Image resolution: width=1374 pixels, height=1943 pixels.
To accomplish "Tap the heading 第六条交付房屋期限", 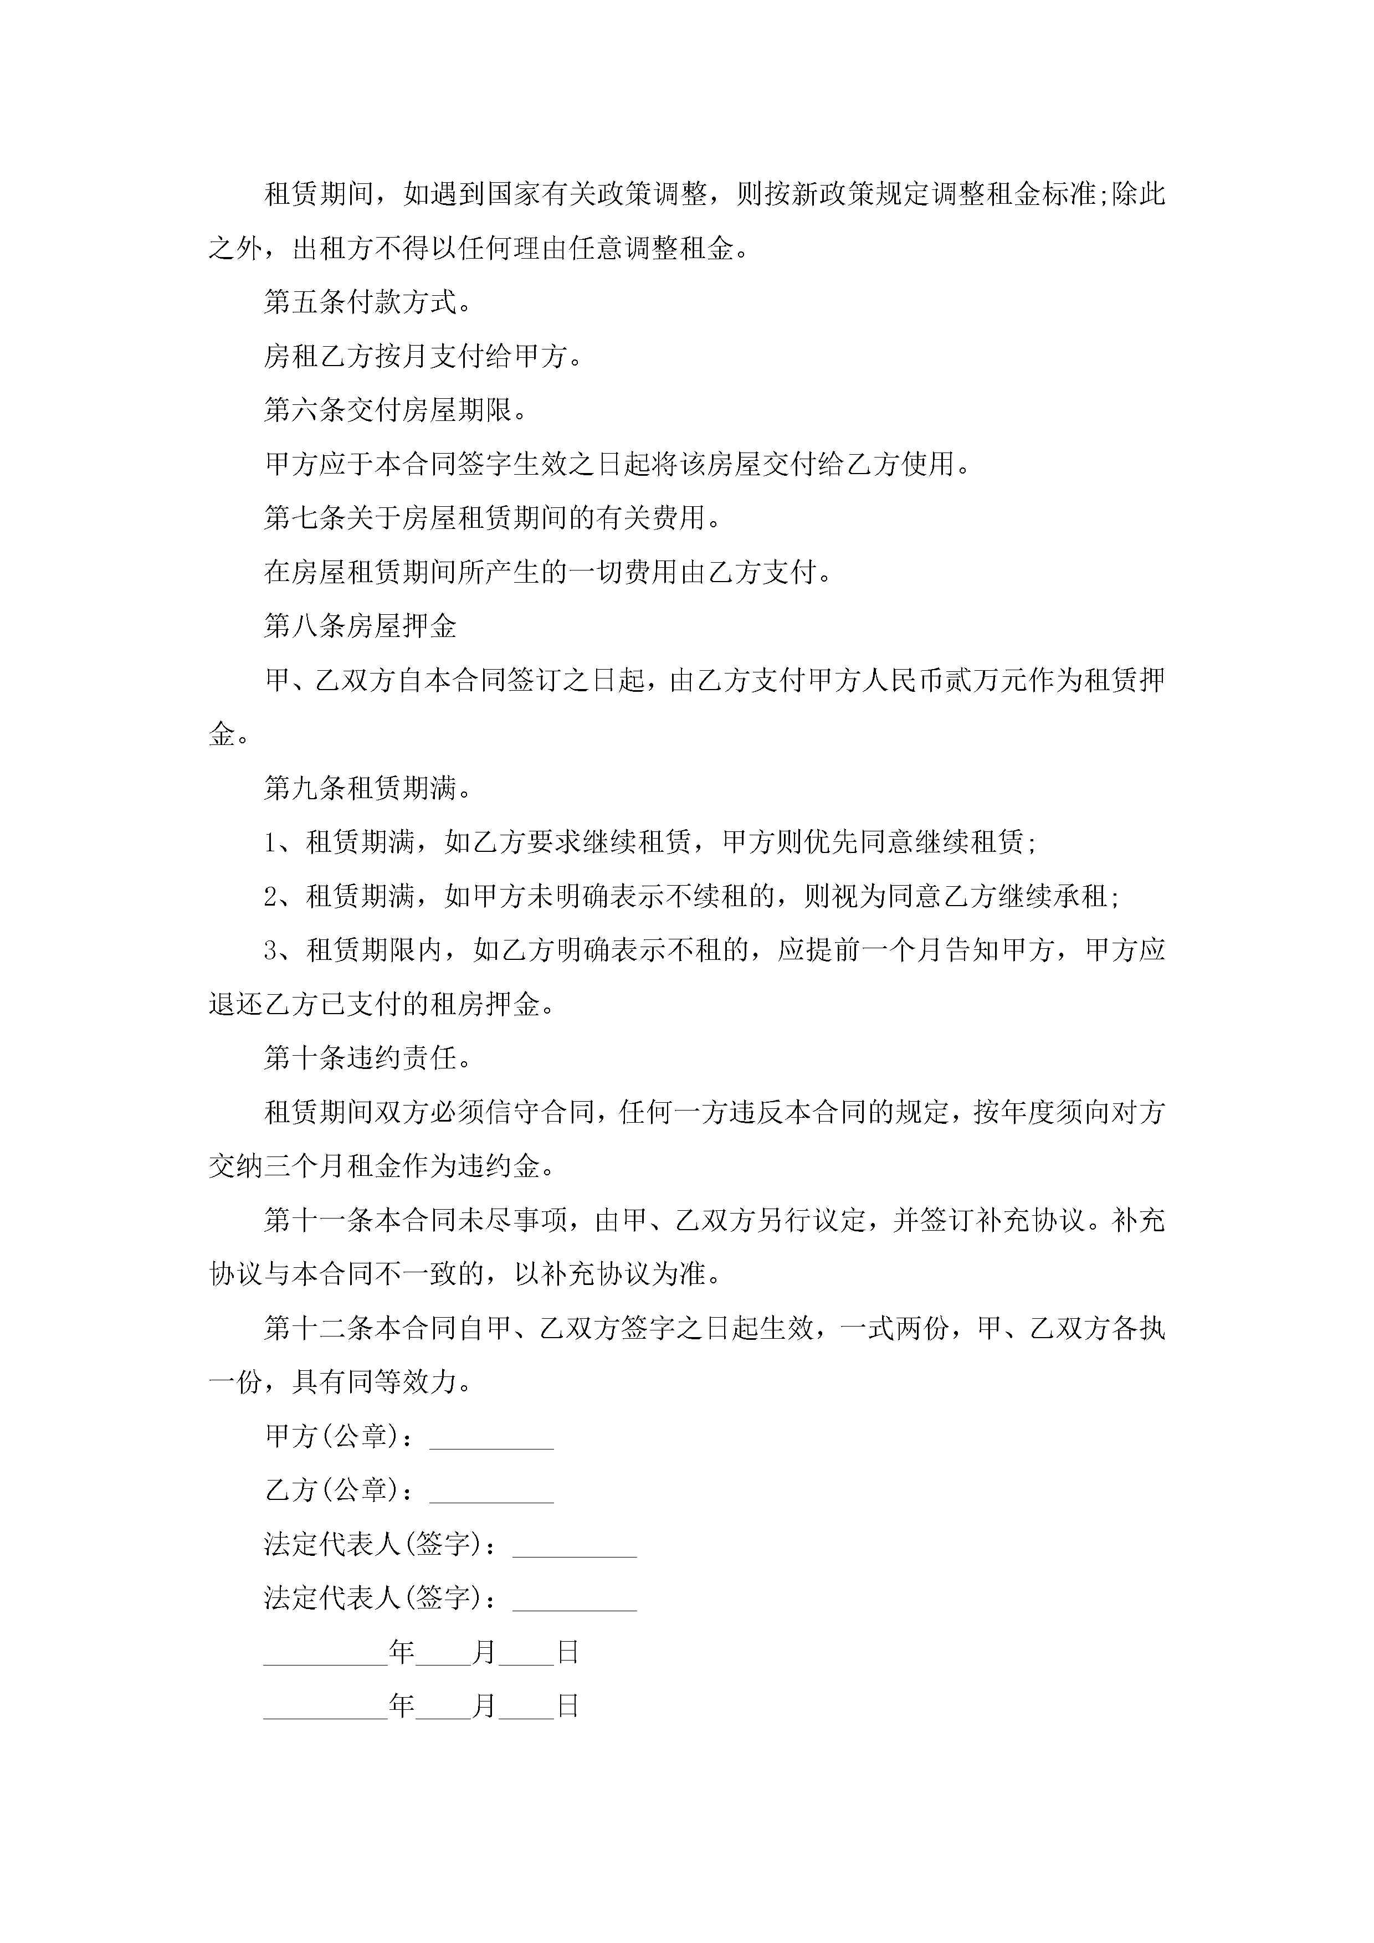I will click(x=396, y=410).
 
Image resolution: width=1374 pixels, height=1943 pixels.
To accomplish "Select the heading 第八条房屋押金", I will click(x=361, y=626).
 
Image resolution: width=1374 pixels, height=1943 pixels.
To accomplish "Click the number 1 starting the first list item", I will click(x=271, y=843).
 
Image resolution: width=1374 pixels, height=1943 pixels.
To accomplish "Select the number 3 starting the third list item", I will click(x=271, y=951).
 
